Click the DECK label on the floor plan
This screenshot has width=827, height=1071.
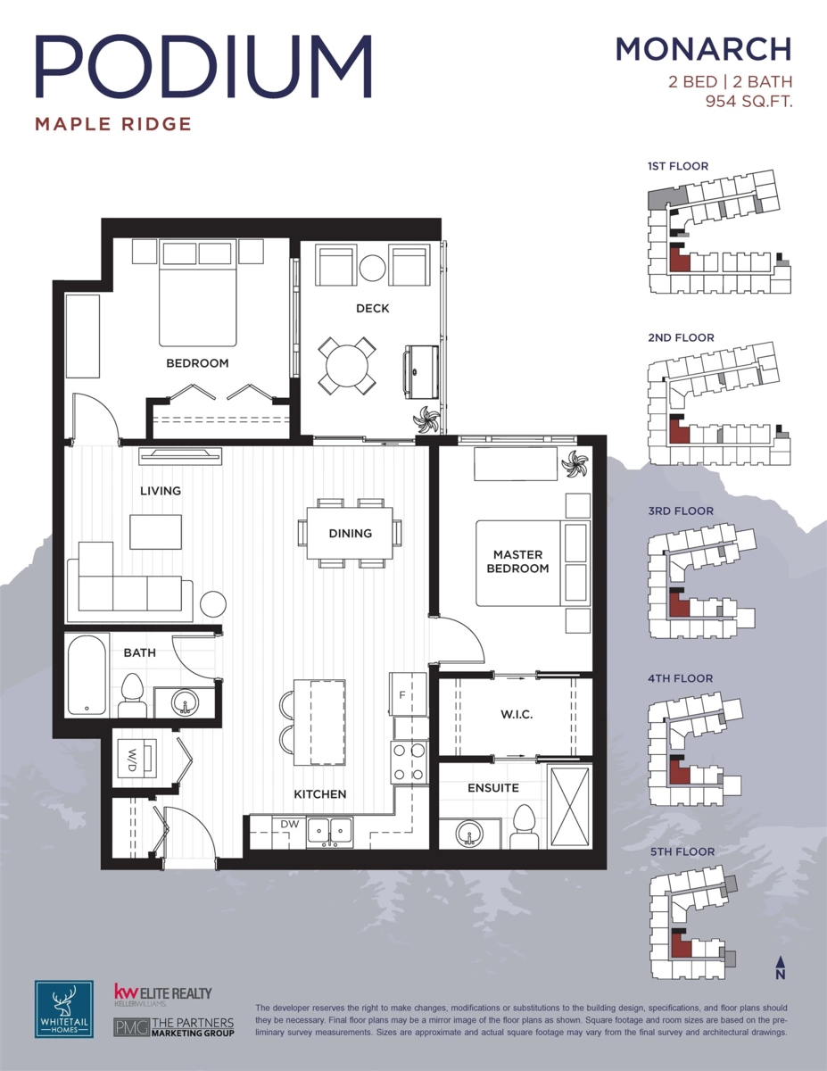coord(372,309)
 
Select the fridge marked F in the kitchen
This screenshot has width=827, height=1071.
coord(408,694)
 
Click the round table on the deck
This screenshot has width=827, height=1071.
coord(347,366)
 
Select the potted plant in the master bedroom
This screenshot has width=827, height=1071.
coord(575,464)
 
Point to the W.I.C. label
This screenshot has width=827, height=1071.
coord(517,714)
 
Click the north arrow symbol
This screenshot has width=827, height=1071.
coord(781,967)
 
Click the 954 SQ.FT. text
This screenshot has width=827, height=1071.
coord(748,102)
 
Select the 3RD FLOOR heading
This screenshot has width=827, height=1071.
coord(681,511)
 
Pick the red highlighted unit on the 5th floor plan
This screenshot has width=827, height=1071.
coord(682,943)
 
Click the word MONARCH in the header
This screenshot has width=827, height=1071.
coord(703,49)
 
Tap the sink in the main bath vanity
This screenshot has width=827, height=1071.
coord(186,702)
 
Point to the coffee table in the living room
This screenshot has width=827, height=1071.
coord(155,532)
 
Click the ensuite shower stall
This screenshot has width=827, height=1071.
coord(570,808)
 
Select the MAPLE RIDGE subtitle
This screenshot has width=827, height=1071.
coord(113,124)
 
